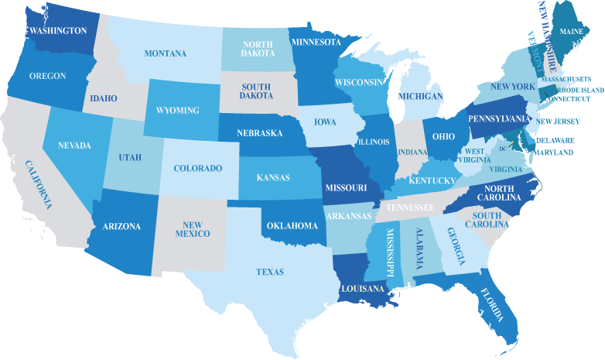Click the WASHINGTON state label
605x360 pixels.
[x=57, y=30]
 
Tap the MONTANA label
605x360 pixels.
[x=165, y=53]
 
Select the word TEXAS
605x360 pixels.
[x=270, y=272]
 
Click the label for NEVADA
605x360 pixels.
[x=73, y=146]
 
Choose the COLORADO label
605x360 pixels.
[x=197, y=168]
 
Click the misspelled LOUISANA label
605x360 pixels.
[x=361, y=289]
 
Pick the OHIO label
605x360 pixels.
[x=443, y=136]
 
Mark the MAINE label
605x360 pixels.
[x=572, y=31]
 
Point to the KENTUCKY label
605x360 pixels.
[x=431, y=180]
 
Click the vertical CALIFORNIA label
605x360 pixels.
[x=38, y=185]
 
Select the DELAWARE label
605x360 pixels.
[x=555, y=140]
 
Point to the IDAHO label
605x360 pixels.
[x=103, y=98]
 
